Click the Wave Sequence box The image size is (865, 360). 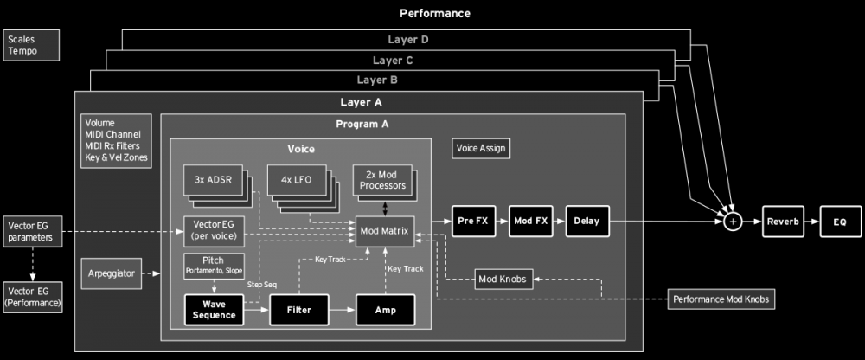213,309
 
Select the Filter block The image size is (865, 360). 299,309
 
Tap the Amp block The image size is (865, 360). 385,309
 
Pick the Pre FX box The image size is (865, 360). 473,222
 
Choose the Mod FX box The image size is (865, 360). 530,222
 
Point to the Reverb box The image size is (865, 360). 783,222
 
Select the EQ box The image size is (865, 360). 839,222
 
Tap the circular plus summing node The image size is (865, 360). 733,222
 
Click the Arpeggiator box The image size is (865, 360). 111,273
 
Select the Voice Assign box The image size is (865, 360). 481,148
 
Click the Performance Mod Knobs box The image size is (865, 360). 721,299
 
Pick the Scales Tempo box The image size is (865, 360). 33,45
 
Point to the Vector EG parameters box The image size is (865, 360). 33,231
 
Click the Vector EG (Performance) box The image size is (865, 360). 33,296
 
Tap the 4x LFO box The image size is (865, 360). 297,180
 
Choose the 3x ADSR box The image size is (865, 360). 212,180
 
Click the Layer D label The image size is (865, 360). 407,40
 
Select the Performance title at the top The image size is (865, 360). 434,13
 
